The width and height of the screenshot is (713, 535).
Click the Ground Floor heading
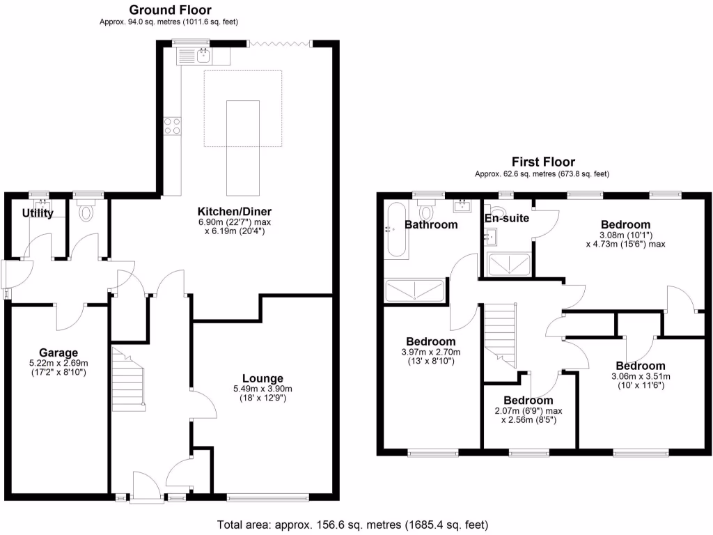(x=171, y=10)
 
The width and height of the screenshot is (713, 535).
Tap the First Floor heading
(x=543, y=162)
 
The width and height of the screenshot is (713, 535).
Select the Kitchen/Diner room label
(x=235, y=212)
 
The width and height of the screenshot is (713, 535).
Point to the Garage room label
(x=58, y=352)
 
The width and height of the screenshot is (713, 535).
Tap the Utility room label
(x=38, y=213)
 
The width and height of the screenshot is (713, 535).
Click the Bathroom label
(x=432, y=224)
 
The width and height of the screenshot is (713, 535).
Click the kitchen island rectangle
(x=243, y=147)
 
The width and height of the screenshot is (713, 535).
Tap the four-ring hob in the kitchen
(x=172, y=126)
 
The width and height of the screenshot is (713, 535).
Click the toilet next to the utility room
(x=87, y=211)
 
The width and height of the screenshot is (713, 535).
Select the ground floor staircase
(x=128, y=380)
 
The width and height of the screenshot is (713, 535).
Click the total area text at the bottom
(x=353, y=524)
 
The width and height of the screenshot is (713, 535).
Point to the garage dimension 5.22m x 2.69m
(x=58, y=363)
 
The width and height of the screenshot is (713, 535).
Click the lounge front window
(x=268, y=497)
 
